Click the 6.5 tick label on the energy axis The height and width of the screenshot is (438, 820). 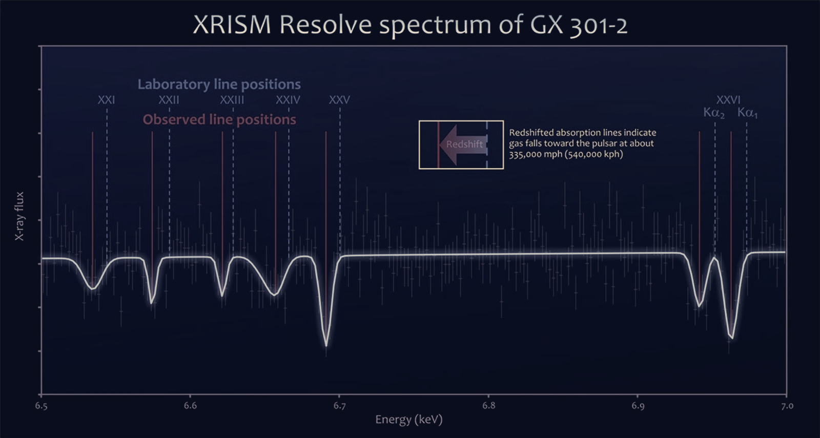[x=42, y=406]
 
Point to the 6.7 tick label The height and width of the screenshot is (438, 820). [x=339, y=406]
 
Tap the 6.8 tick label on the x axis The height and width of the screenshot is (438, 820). [x=488, y=406]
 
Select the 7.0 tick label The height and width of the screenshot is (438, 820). [x=787, y=406]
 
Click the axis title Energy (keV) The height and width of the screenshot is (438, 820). [x=409, y=420]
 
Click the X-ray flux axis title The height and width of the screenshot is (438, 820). [x=19, y=216]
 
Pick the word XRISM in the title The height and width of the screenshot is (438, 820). [x=232, y=25]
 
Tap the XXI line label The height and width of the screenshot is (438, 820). [x=107, y=100]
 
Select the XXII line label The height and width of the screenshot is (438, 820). [x=169, y=100]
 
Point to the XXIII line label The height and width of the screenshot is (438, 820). [x=232, y=100]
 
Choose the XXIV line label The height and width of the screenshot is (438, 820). [x=288, y=100]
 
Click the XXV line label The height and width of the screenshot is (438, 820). [x=339, y=100]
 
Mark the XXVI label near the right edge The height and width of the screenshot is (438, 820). [x=728, y=100]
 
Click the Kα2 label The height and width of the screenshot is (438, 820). [x=714, y=113]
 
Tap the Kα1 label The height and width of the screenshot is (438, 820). [x=748, y=113]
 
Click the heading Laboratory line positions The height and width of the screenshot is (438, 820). [x=219, y=85]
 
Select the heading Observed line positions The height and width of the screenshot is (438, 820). [x=219, y=120]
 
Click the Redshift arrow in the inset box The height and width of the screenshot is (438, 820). [x=463, y=144]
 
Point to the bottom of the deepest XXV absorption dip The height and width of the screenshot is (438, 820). [x=326, y=345]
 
